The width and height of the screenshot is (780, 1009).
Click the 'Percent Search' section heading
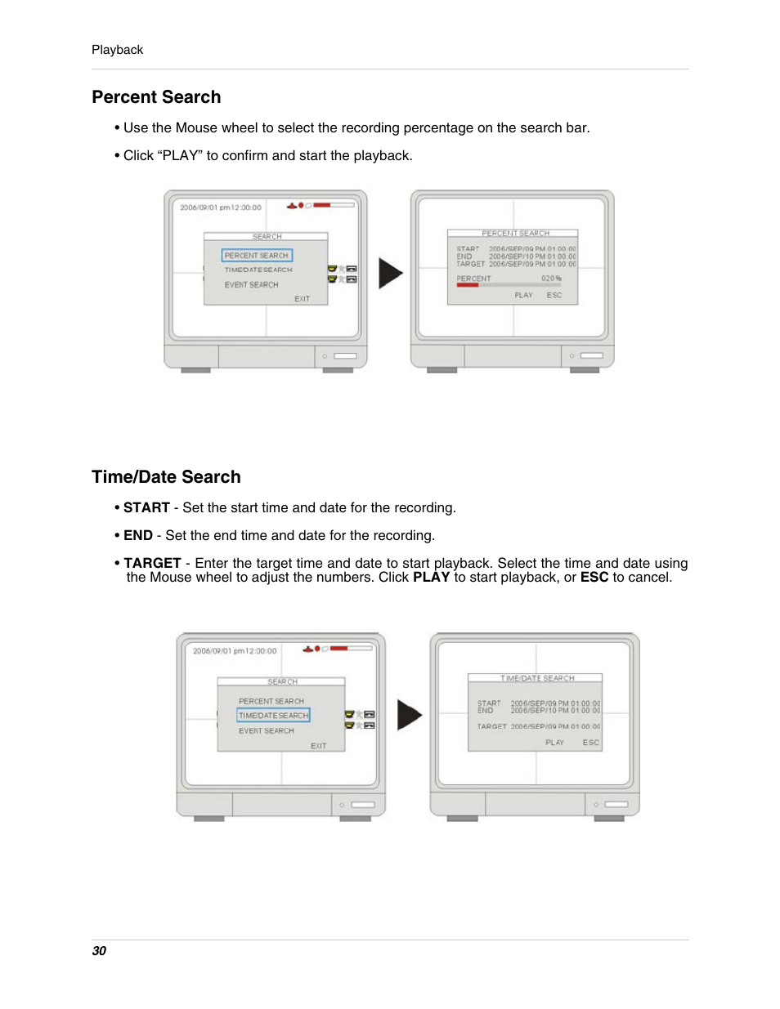point(156,97)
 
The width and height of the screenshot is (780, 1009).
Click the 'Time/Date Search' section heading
point(166,477)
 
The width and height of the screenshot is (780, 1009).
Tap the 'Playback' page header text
point(117,50)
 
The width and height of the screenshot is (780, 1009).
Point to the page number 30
point(99,950)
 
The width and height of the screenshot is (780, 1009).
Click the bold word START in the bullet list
point(146,507)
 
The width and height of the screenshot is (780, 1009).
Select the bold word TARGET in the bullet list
point(152,563)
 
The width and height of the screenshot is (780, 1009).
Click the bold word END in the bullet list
point(138,535)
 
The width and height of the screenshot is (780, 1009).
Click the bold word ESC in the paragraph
point(594,577)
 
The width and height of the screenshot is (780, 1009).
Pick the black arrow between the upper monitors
point(390,274)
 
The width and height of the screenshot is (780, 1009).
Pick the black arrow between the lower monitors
point(409,715)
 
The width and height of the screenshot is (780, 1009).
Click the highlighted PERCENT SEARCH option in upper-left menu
point(257,256)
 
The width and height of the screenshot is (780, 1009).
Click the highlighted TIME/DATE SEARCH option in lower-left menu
point(273,715)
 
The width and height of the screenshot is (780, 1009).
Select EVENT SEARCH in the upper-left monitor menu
point(251,285)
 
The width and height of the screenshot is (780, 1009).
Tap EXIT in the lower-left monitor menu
point(318,746)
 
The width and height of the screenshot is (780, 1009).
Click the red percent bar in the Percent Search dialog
point(468,286)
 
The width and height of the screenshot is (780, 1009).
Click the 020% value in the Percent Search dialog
point(551,279)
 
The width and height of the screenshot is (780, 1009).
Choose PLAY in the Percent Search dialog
point(523,295)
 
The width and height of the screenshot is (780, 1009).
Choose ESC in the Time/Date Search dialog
point(590,743)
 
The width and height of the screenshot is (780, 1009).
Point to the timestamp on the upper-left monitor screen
point(221,208)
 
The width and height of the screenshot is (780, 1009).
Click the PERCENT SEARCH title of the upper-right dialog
point(515,234)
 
